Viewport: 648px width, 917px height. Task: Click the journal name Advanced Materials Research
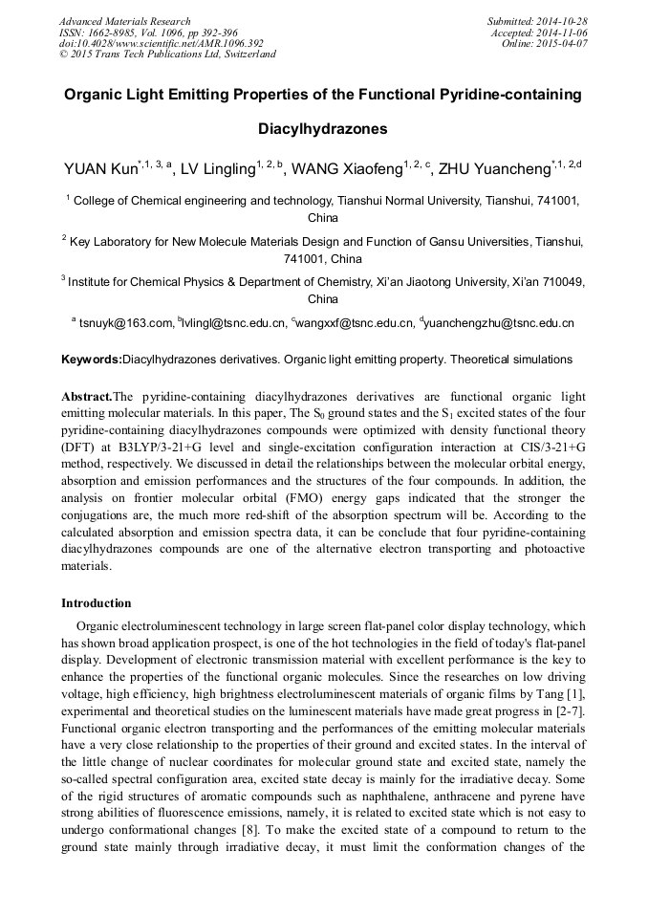point(124,21)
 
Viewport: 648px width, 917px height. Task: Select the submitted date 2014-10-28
point(564,21)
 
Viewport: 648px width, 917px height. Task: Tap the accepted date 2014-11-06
point(564,33)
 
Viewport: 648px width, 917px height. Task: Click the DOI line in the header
point(161,44)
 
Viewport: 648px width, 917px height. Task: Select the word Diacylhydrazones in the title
point(323,127)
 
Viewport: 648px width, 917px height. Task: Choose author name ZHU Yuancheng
point(502,170)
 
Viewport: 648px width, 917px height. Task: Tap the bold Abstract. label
point(87,396)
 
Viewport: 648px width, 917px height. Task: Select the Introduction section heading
point(97,603)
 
